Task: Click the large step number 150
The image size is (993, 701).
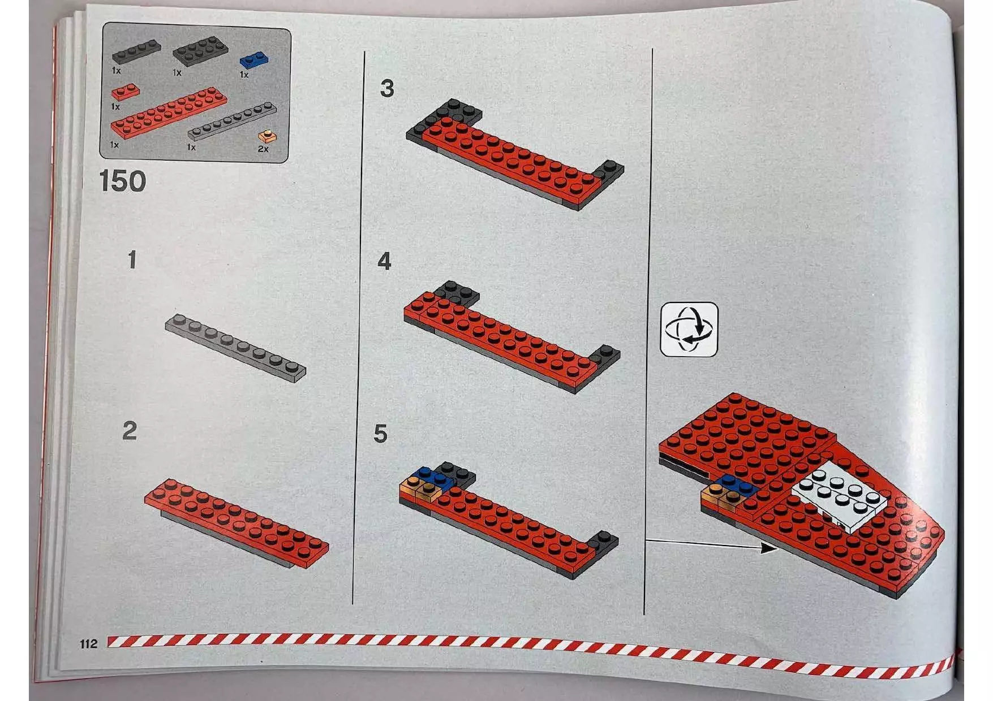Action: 123,181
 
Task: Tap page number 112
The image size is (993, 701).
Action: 89,643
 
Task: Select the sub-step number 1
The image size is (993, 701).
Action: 132,260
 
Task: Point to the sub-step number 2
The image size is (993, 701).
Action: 130,431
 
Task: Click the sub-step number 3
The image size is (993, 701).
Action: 387,89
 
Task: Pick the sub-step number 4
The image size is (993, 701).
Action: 384,261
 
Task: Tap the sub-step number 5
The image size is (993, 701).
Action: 380,434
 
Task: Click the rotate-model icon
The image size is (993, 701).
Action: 689,330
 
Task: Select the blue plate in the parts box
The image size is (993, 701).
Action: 254,59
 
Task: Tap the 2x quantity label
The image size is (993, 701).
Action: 263,149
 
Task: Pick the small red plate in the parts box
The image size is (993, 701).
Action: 126,91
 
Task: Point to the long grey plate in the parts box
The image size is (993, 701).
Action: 233,121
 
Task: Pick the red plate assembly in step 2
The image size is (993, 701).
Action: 237,523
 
